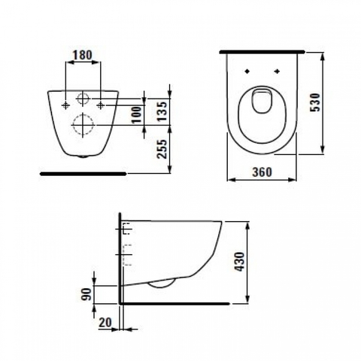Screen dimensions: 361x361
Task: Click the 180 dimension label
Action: point(83,55)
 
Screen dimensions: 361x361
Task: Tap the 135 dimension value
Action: point(162,111)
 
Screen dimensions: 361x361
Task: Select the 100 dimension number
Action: point(137,114)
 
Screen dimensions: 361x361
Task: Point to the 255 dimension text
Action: point(162,149)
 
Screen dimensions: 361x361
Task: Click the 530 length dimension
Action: point(315,102)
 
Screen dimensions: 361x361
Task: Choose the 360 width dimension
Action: point(262,172)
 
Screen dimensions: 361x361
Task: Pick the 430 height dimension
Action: point(239,262)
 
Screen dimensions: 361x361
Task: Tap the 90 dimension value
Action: point(86,294)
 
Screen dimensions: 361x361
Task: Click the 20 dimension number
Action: point(105,323)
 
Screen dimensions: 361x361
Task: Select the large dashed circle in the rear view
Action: point(83,114)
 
